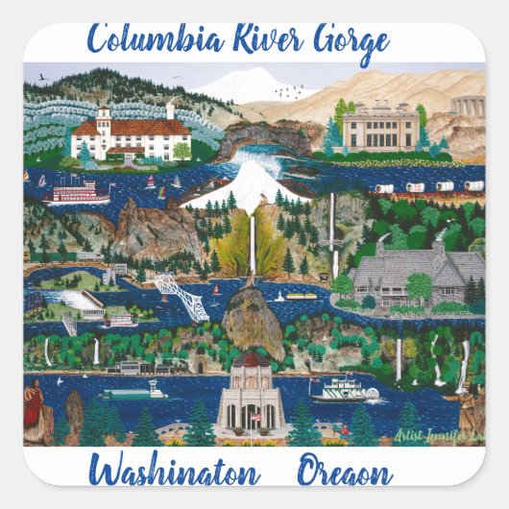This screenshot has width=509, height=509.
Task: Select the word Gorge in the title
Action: click(x=341, y=41)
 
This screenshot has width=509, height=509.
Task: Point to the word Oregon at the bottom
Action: click(x=344, y=474)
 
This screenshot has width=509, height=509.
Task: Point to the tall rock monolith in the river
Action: click(x=252, y=322)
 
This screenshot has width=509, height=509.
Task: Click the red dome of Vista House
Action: click(x=252, y=361)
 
